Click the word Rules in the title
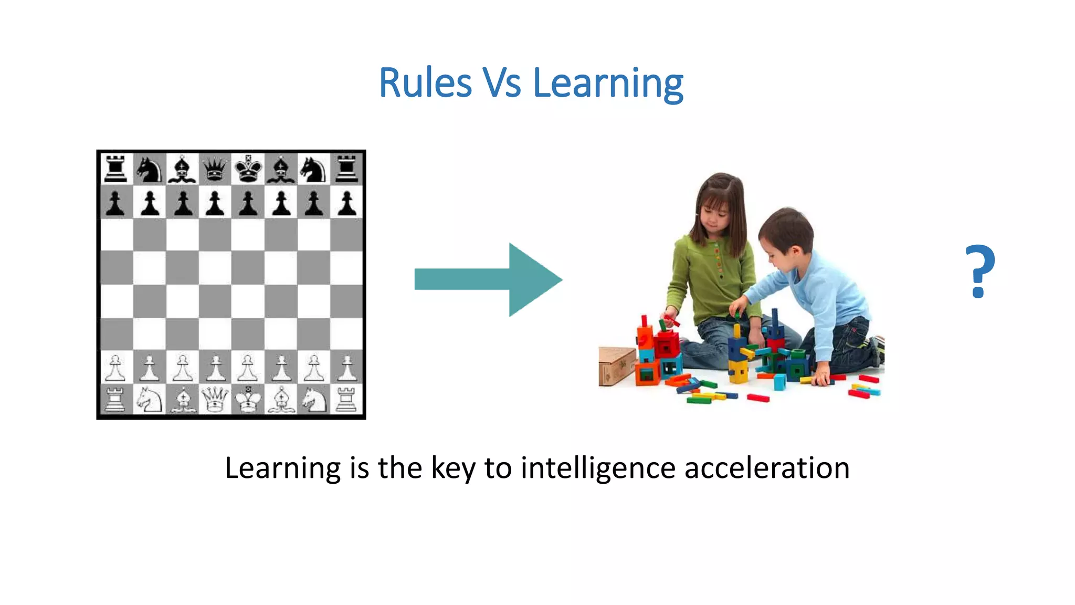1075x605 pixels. tap(425, 83)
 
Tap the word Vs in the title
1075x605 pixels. tap(501, 83)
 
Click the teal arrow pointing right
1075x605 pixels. tap(488, 279)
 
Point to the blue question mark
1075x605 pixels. tap(979, 271)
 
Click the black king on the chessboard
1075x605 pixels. tap(248, 169)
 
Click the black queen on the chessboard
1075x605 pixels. tap(215, 169)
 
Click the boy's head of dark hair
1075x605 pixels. tap(787, 226)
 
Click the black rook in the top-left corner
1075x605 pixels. tap(116, 169)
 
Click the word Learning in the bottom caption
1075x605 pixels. tap(282, 467)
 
